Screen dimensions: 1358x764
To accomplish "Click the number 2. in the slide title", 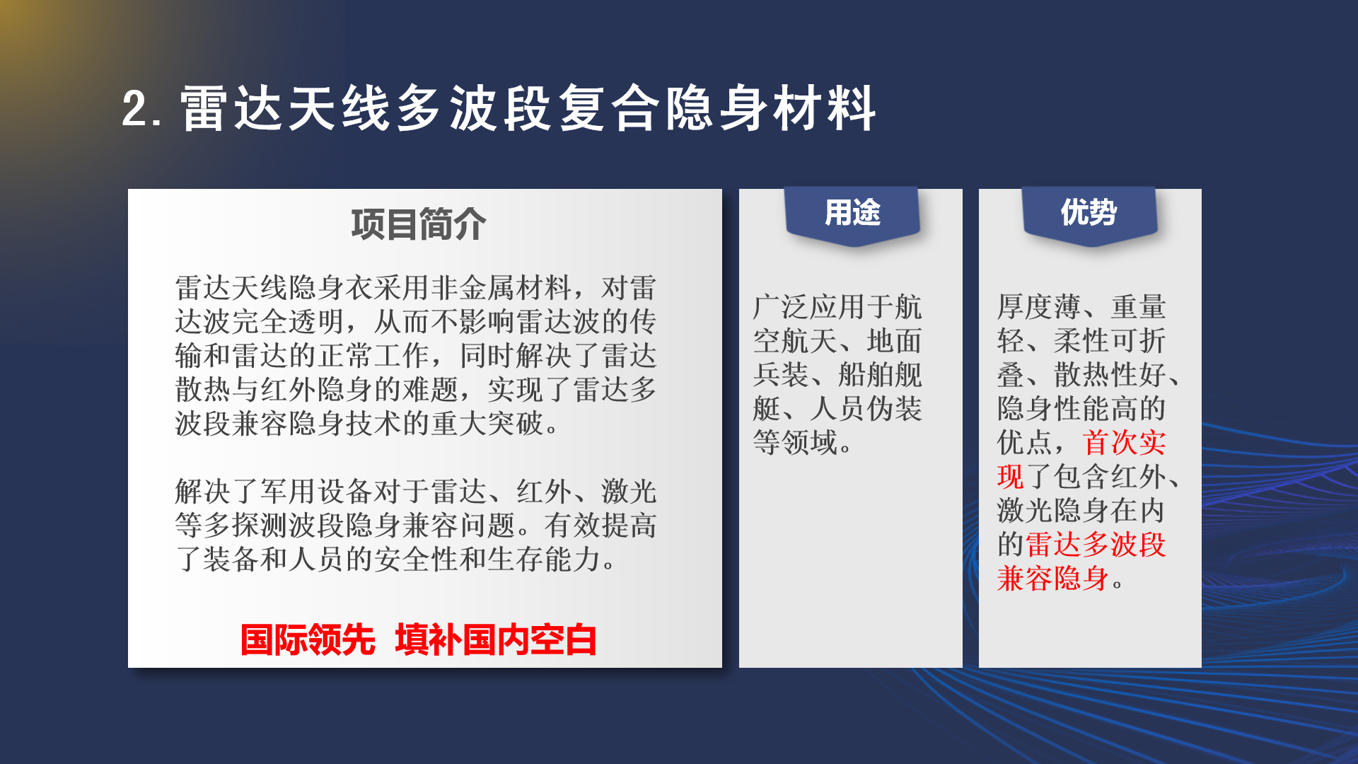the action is (x=142, y=109).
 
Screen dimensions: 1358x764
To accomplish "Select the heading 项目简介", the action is (x=419, y=225).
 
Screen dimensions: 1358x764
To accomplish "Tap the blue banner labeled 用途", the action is (x=852, y=216).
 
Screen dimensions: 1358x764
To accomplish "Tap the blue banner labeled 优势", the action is (x=1089, y=216).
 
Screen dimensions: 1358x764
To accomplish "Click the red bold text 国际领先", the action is (x=308, y=640).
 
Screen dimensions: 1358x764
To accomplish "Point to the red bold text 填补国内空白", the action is (x=496, y=640).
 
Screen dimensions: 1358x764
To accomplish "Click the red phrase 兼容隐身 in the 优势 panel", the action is (x=1053, y=579).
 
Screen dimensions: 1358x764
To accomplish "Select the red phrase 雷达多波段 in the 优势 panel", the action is (x=1096, y=545).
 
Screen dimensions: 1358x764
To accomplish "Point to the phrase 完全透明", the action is (x=289, y=322).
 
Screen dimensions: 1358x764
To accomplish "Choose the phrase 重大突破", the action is (x=487, y=424).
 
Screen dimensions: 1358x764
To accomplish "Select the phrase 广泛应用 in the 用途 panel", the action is (x=809, y=307).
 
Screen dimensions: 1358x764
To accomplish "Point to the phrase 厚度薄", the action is (x=1039, y=307).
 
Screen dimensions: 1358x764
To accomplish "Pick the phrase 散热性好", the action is (x=1110, y=375).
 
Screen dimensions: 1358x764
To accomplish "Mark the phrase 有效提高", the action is (x=600, y=526).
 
